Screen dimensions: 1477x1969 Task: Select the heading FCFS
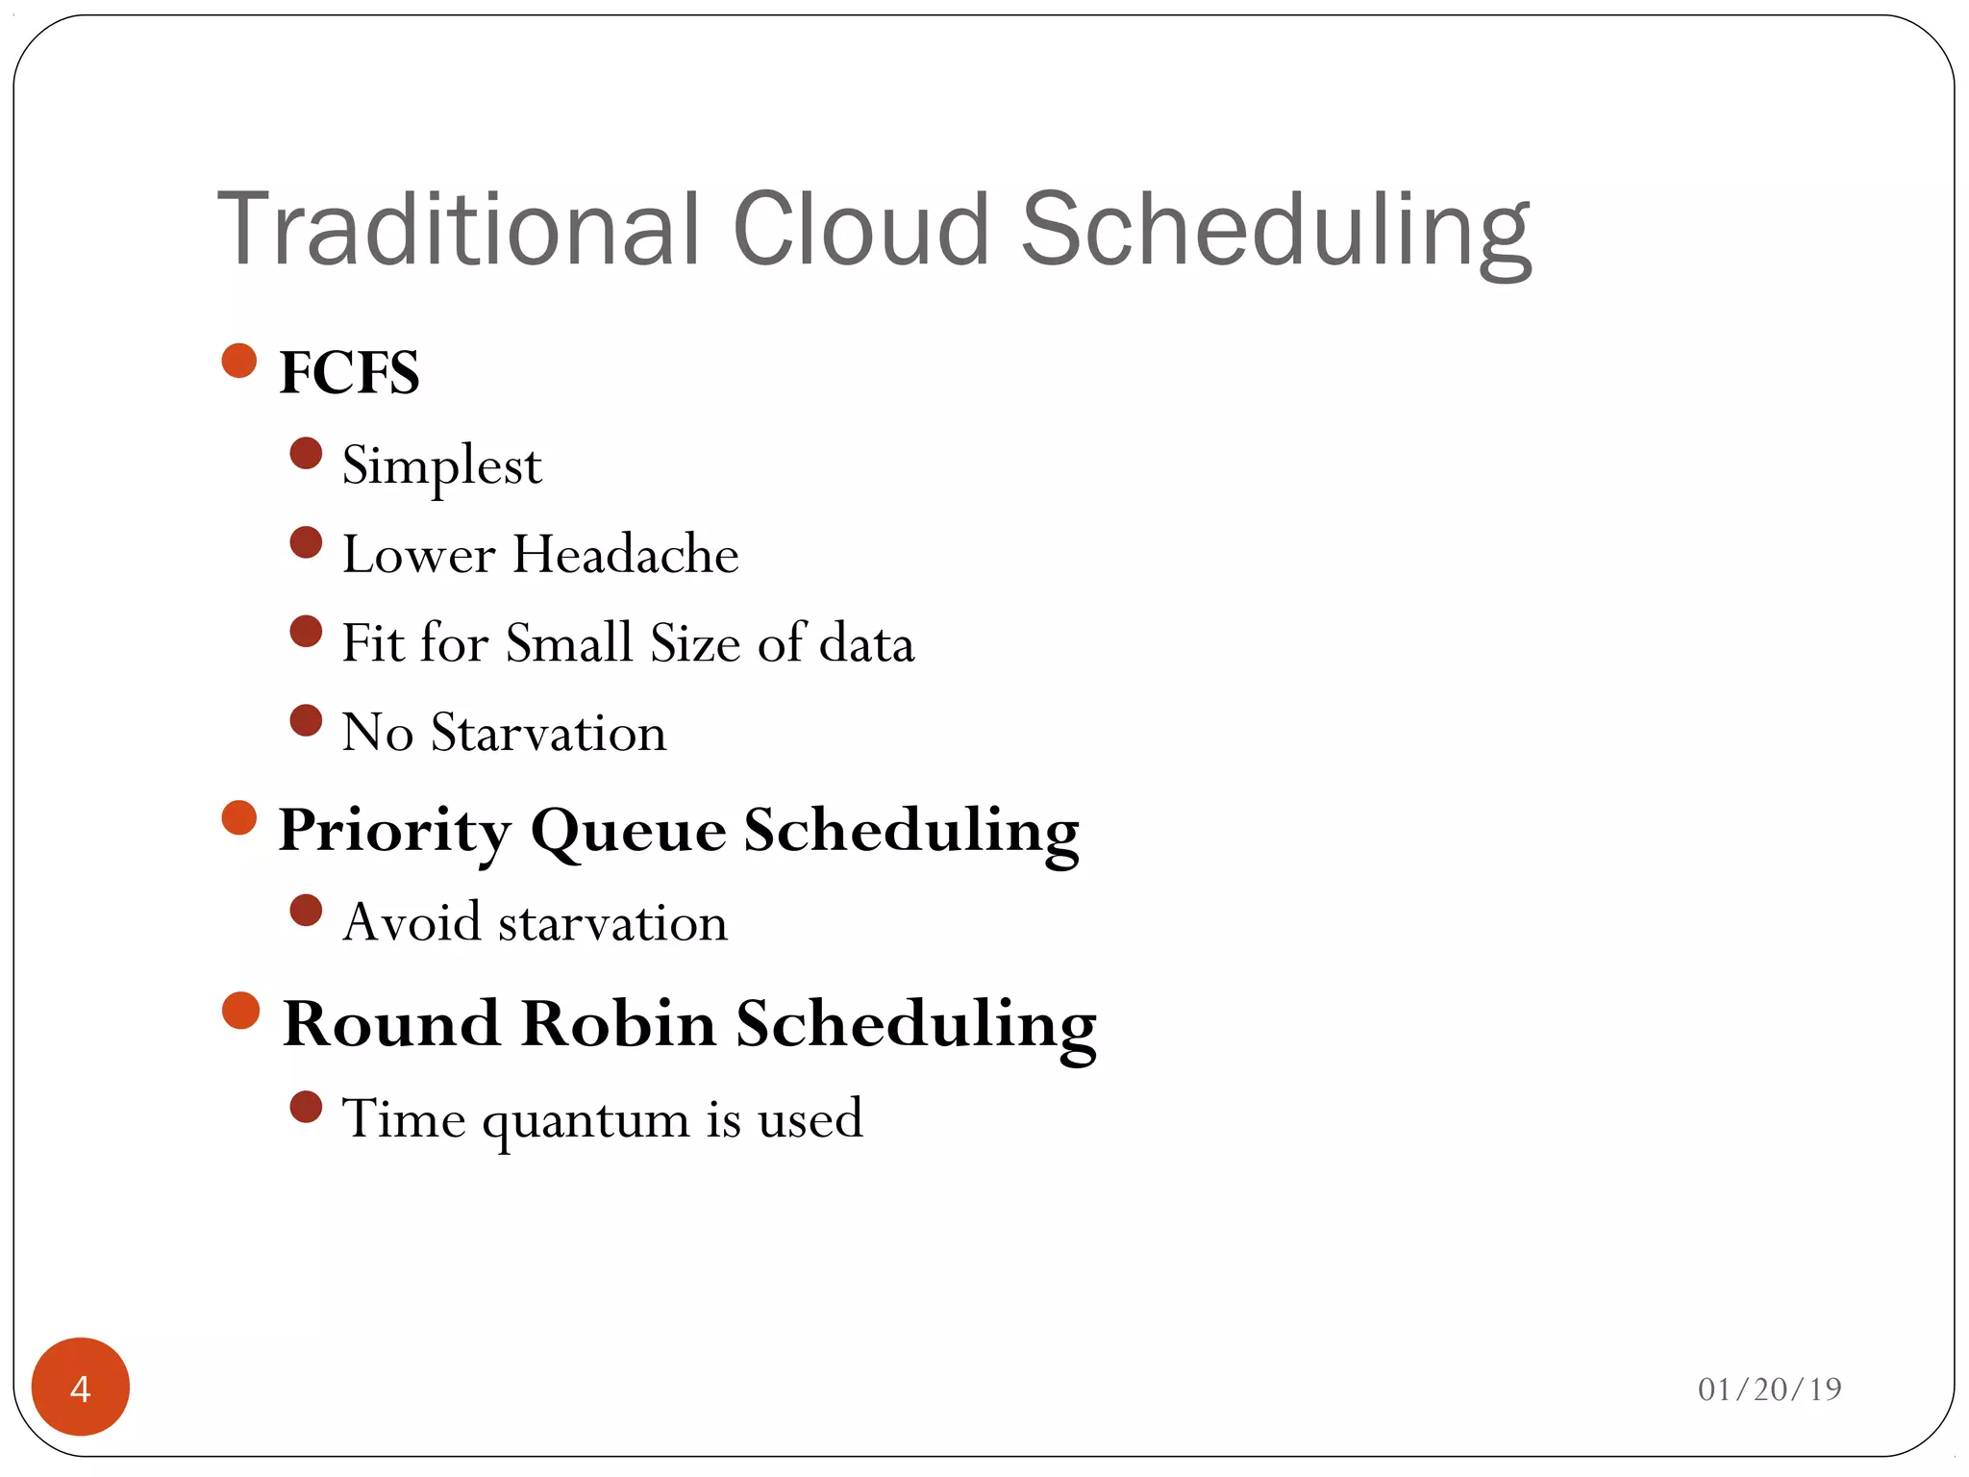[349, 372]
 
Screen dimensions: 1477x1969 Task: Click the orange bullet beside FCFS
[239, 361]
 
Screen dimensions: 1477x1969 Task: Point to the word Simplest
[441, 466]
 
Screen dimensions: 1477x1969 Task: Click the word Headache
[625, 555]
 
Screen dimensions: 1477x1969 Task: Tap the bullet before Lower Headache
[306, 543]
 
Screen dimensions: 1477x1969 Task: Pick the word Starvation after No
[548, 733]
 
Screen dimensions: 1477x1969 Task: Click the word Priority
[394, 831]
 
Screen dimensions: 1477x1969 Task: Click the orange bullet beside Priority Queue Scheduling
[239, 818]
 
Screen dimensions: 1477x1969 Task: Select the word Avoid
[411, 922]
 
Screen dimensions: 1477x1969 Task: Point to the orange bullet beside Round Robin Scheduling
[240, 1011]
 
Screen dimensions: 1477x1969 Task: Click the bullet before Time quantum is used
[306, 1107]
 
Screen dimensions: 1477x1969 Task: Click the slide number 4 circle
[81, 1387]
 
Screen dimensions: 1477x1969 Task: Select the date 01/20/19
[1769, 1389]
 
